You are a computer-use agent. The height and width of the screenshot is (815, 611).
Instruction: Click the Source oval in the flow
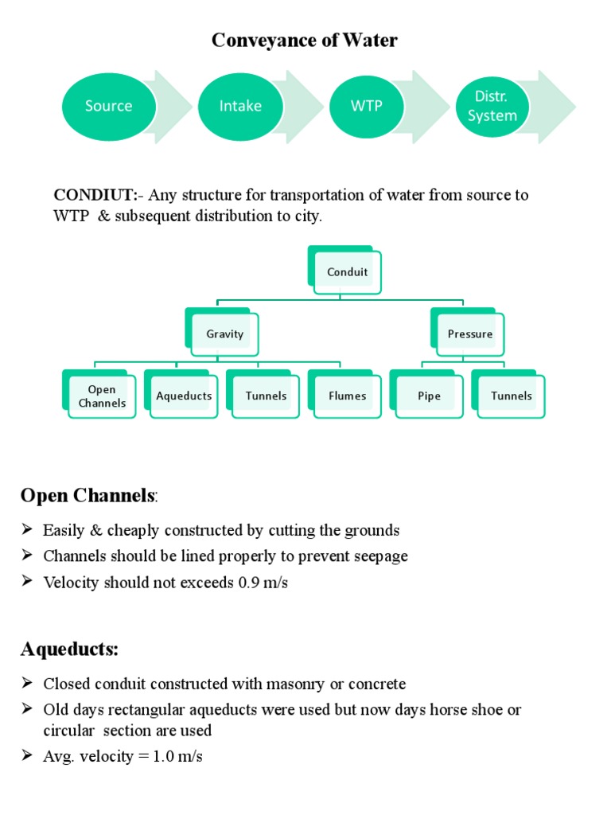[x=108, y=106]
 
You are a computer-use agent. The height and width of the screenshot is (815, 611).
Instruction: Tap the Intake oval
[x=240, y=106]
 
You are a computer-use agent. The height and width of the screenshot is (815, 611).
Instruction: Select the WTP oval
[x=366, y=106]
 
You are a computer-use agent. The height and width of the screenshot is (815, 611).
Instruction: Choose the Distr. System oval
[x=492, y=107]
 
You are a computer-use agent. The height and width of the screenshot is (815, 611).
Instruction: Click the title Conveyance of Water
[x=305, y=41]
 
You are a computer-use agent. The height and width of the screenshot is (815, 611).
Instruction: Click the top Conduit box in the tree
[x=348, y=272]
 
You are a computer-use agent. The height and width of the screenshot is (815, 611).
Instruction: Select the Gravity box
[x=225, y=334]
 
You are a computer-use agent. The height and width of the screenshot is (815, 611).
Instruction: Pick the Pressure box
[x=470, y=334]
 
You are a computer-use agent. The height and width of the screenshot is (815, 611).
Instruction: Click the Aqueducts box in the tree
[x=185, y=396]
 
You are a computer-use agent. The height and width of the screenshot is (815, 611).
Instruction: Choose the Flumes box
[x=348, y=396]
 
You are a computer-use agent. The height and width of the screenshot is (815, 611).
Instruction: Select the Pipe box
[x=430, y=396]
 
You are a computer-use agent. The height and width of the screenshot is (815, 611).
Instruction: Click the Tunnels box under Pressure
[x=512, y=396]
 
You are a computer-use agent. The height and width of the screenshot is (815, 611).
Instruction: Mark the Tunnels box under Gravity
[x=267, y=396]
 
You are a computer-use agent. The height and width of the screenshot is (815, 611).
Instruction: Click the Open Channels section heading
[x=88, y=496]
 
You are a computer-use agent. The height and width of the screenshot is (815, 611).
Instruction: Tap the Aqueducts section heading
[x=69, y=649]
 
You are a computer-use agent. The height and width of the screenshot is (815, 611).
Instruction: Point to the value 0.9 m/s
[x=263, y=583]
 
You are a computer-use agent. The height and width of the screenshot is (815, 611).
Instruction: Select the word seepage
[x=379, y=556]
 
